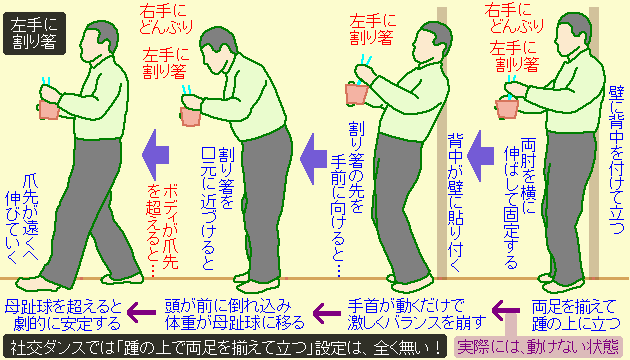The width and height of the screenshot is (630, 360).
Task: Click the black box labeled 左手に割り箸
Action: coord(34,33)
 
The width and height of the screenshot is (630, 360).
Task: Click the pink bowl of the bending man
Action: coord(191,117)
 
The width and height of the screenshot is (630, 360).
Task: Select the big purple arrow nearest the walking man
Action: coord(156,154)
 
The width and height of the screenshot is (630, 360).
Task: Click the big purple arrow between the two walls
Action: coord(481,156)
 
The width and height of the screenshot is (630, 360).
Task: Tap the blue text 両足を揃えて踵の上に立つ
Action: coord(574,315)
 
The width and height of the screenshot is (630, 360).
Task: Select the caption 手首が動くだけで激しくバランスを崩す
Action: coord(416,315)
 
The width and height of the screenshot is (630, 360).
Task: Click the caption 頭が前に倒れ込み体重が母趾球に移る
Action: coord(235,315)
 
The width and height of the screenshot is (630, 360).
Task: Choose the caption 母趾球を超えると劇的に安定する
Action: coord(63,315)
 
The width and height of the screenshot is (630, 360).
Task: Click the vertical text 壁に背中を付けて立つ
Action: coord(616,159)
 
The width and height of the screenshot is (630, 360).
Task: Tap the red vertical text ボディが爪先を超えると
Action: coord(162,230)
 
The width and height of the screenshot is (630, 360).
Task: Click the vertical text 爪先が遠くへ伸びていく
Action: coord(22,219)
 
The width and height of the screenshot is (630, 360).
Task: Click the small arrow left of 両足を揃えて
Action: coord(506,310)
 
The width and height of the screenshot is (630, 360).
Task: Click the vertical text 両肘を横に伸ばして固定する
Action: coord(519,203)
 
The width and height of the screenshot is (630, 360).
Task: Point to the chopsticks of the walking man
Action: coord(47,82)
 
